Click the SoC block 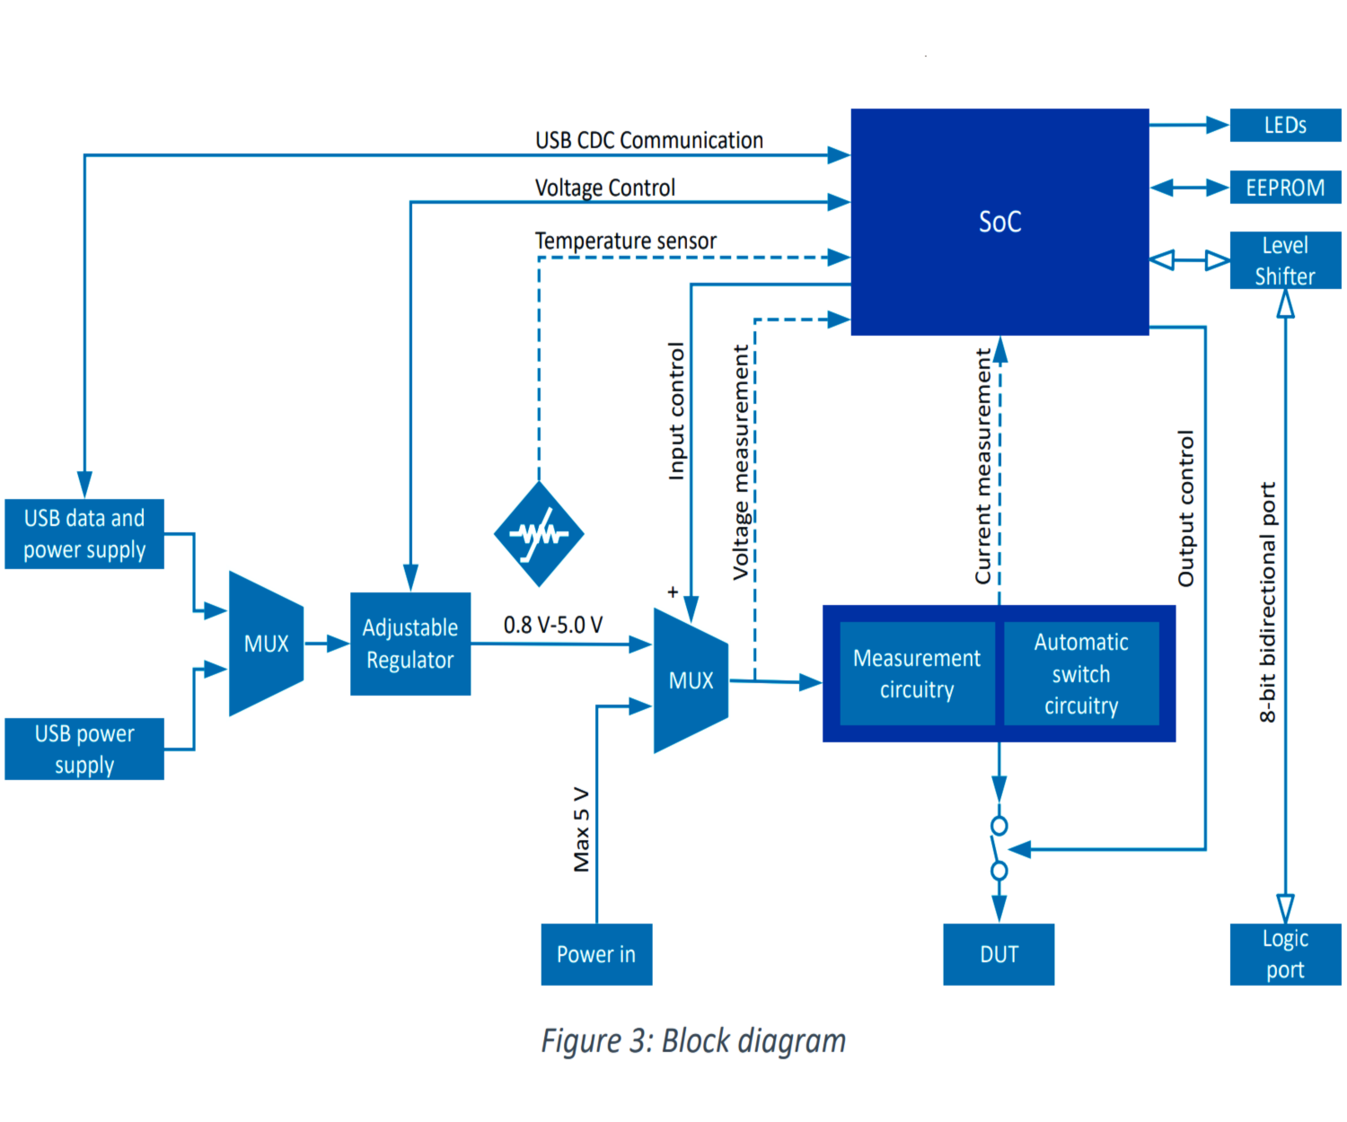[999, 222]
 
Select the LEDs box [1285, 126]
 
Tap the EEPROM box [1285, 188]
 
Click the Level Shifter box [1285, 260]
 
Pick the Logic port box [1285, 954]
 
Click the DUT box [999, 954]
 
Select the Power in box [596, 954]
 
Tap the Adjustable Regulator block [410, 644]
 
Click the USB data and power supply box [84, 534]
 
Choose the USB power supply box [84, 749]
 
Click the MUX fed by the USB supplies [266, 644]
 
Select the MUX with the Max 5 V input [691, 680]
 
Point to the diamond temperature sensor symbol [539, 534]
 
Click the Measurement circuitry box [917, 674]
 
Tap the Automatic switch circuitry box [1081, 674]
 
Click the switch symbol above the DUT [999, 848]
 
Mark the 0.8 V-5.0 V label [553, 625]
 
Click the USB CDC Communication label [649, 141]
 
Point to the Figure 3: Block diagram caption [693, 1041]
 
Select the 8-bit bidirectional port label [1267, 602]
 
